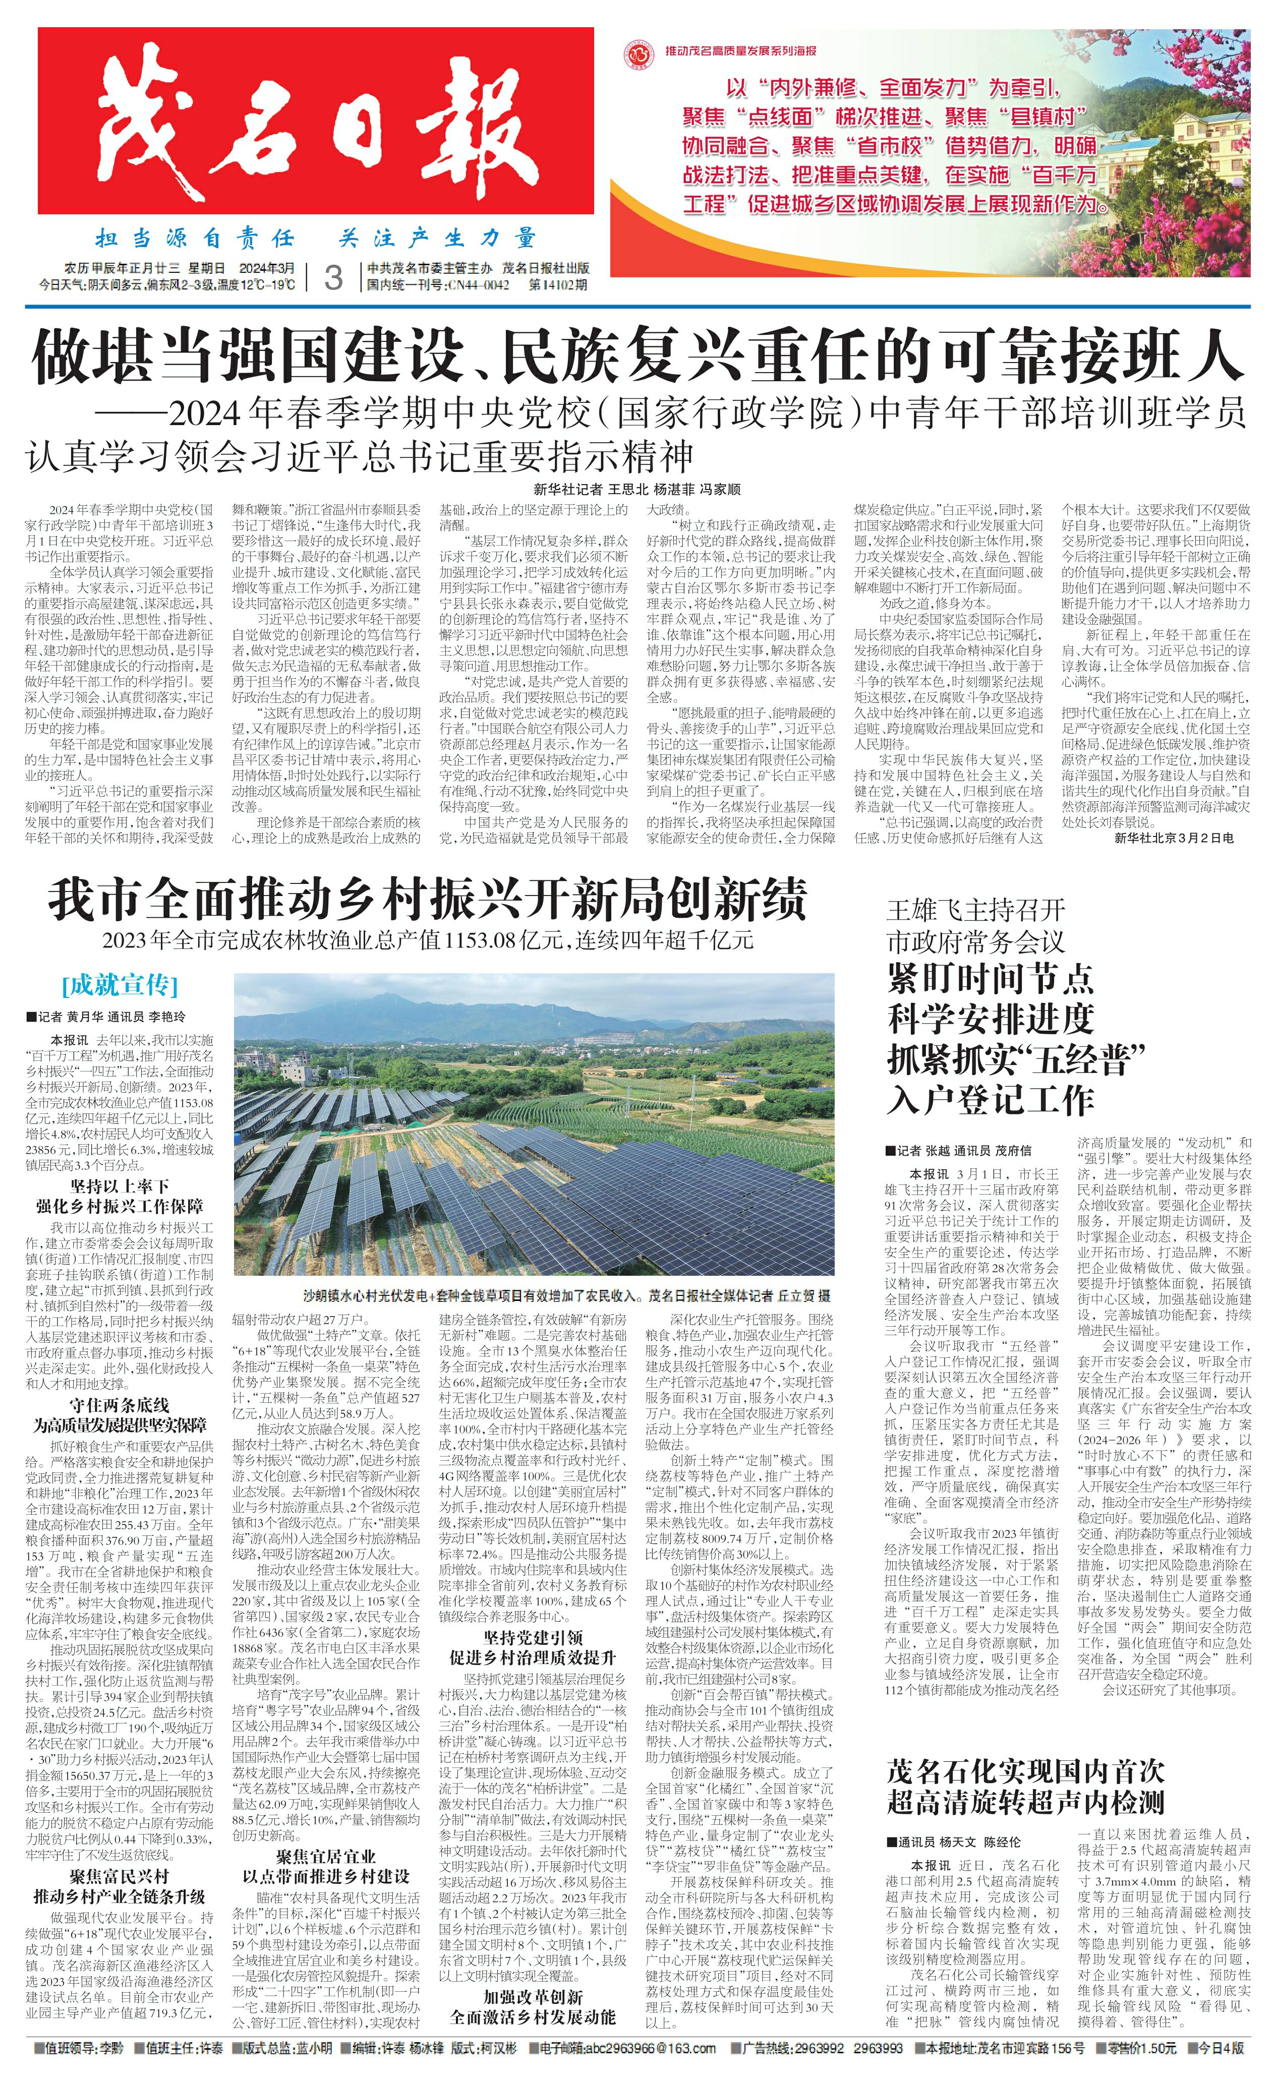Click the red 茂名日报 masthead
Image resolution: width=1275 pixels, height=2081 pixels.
tap(315, 121)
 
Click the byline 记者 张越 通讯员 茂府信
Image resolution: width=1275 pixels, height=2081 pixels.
tap(958, 1150)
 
